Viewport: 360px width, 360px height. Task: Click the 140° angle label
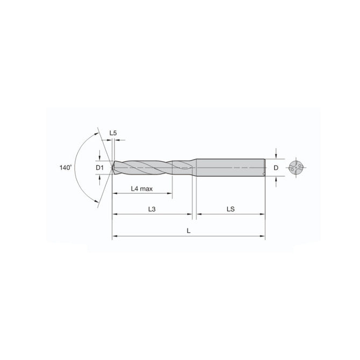pyautogui.click(x=66, y=168)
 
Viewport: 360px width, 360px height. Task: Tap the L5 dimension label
pyautogui.click(x=113, y=132)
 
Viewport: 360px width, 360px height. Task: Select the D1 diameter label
pyautogui.click(x=99, y=168)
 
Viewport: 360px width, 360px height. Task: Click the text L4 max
pyautogui.click(x=142, y=189)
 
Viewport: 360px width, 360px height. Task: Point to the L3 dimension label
pyautogui.click(x=152, y=209)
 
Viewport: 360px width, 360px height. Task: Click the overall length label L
pyautogui.click(x=188, y=230)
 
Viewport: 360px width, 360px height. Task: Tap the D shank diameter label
pyautogui.click(x=276, y=168)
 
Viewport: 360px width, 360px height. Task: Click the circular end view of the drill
pyautogui.click(x=296, y=167)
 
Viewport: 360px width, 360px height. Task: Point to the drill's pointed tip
pyautogui.click(x=113, y=168)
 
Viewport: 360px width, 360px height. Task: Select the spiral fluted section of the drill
pyautogui.click(x=150, y=167)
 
